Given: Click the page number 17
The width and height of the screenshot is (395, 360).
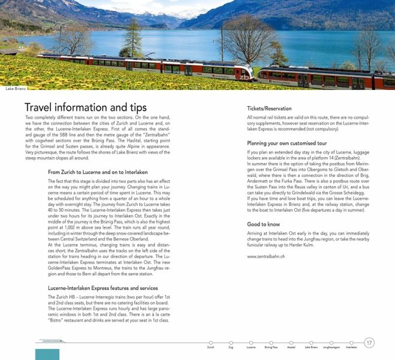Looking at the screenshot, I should point(369,343).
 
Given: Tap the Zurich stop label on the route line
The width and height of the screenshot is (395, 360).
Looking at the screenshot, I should point(210,347).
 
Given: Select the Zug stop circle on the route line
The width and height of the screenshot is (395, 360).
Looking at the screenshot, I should point(231,343).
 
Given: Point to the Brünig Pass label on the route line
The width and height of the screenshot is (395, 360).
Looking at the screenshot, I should point(271,347).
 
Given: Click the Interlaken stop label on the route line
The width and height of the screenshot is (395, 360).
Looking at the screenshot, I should point(351,347).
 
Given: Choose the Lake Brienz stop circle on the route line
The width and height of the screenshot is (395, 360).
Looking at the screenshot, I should point(311,343).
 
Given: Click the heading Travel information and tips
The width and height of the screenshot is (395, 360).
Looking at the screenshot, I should point(85,107).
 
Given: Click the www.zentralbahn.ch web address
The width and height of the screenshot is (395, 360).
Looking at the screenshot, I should point(266,256).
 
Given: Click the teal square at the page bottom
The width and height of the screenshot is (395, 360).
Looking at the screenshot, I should point(47,354).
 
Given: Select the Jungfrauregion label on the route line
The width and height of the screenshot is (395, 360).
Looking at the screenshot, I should point(331,347).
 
